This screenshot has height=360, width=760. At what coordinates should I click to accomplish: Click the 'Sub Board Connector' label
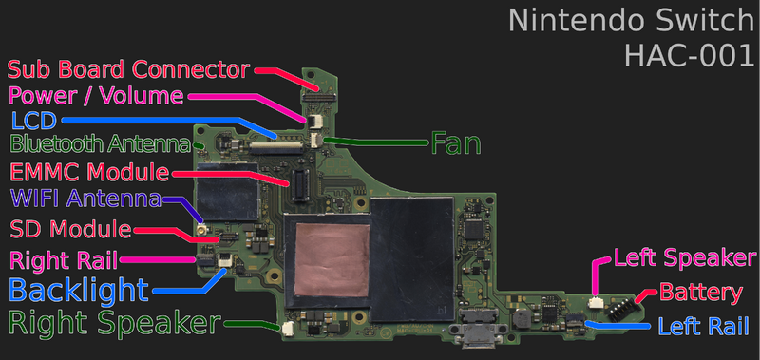(x=128, y=69)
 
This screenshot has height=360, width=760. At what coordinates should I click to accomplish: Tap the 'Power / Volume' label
(x=96, y=95)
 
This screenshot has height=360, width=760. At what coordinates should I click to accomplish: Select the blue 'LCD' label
(x=34, y=120)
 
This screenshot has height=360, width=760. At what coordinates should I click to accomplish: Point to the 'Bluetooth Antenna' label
(x=99, y=145)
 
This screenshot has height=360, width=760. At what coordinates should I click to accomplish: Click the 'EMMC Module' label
(x=89, y=173)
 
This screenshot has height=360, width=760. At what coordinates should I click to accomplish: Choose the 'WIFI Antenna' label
(x=85, y=200)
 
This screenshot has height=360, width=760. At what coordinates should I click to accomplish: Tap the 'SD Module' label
(x=70, y=229)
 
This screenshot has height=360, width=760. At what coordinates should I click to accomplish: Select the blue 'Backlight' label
(x=79, y=290)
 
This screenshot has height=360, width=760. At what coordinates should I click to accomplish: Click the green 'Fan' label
(x=456, y=143)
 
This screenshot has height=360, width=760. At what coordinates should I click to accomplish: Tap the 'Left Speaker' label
(x=684, y=257)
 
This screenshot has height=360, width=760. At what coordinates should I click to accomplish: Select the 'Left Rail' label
(x=707, y=326)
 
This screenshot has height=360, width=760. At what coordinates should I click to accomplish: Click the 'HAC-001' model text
(x=689, y=55)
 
